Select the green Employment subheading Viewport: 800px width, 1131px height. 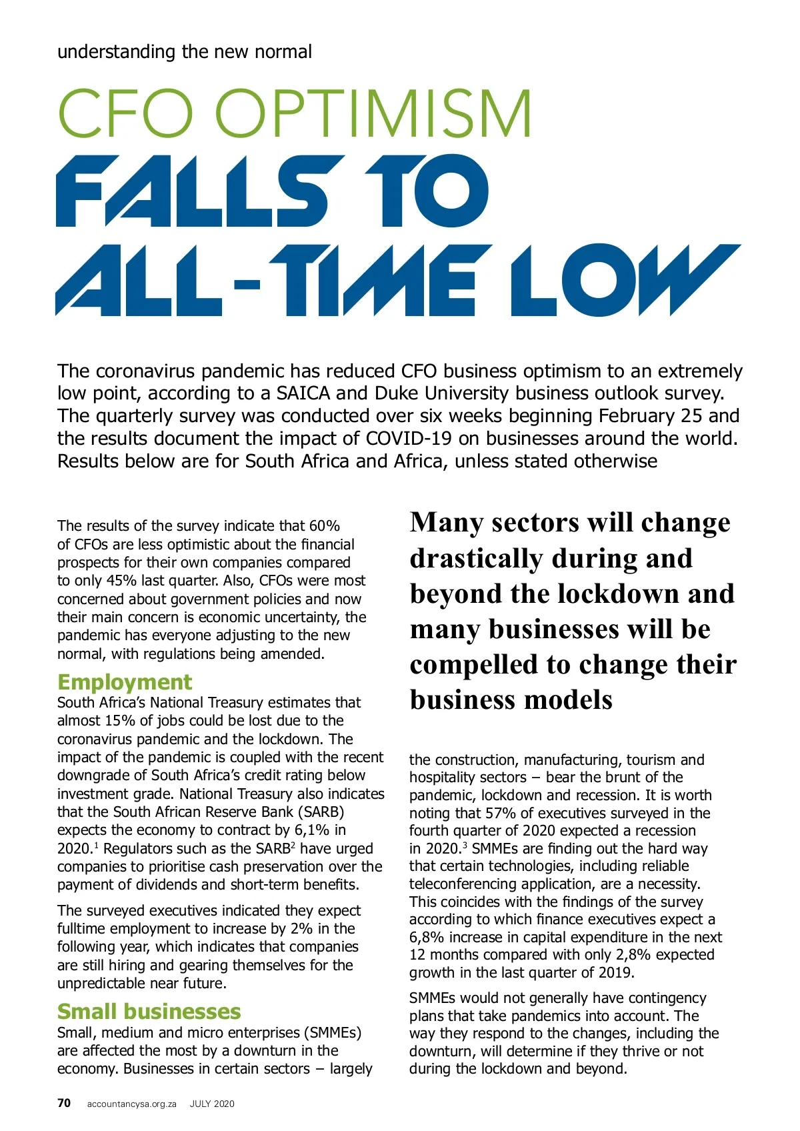point(125,682)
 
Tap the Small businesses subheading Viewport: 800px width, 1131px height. point(149,1012)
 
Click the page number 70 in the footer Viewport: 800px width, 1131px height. point(64,1103)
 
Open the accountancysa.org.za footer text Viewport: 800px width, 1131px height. point(132,1104)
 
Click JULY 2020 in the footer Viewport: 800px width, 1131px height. point(212,1104)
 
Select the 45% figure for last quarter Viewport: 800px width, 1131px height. point(121,581)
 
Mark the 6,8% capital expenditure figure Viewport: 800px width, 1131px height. point(427,938)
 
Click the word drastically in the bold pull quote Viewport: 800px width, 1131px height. point(476,559)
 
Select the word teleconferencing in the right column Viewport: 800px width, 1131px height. point(465,884)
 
